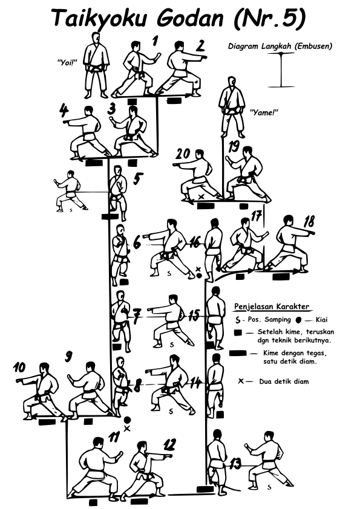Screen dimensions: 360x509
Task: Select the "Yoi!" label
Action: [x=66, y=62]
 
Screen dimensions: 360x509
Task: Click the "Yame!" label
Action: [x=264, y=112]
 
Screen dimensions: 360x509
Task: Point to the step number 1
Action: [x=155, y=41]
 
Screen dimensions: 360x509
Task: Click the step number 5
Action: [x=138, y=179]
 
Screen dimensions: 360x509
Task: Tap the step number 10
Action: [x=19, y=368]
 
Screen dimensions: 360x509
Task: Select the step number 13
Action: [x=235, y=464]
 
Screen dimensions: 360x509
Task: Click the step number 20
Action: [x=182, y=154]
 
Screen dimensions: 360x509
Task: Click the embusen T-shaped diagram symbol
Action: [x=281, y=70]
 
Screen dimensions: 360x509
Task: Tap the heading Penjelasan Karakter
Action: [x=272, y=306]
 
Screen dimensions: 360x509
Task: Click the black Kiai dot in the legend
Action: [x=299, y=320]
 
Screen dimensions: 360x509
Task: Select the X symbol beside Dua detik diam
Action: [x=241, y=381]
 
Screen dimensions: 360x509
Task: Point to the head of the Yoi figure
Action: [x=96, y=38]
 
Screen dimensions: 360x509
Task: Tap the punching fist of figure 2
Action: [x=204, y=57]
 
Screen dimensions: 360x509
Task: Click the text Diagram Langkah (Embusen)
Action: [x=280, y=46]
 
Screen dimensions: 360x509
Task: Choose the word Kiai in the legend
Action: [x=322, y=320]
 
